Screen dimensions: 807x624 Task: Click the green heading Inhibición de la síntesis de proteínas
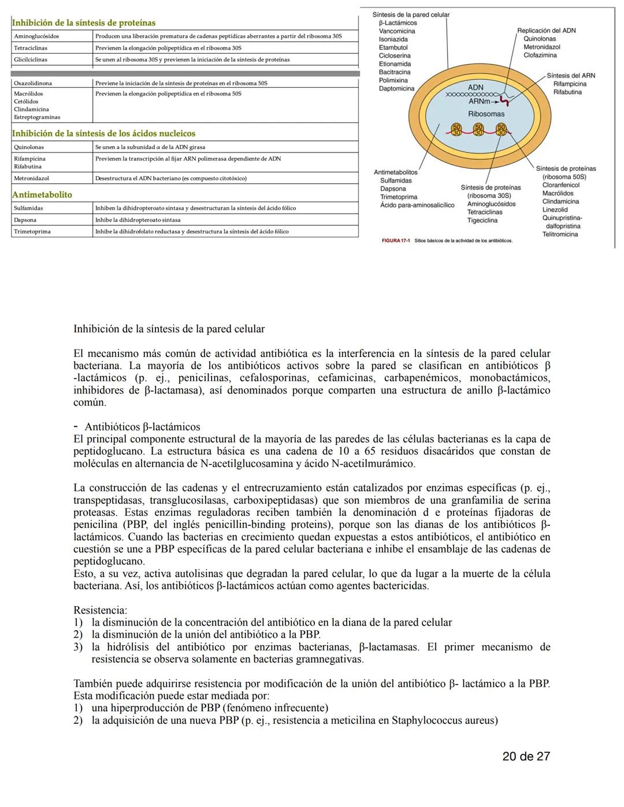pos(84,23)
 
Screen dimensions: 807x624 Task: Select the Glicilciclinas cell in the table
pos(31,59)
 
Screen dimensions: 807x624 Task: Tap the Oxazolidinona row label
pos(33,83)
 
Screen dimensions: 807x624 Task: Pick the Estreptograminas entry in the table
pos(37,117)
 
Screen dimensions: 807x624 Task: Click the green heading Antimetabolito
pos(42,195)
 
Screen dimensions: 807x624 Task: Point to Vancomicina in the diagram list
pos(397,31)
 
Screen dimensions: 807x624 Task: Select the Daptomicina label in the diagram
pos(396,88)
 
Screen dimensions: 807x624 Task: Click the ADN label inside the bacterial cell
pos(476,87)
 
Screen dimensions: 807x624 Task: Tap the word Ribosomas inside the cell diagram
pos(486,114)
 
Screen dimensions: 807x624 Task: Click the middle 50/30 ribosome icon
pos(478,130)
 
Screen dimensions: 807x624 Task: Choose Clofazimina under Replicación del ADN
pos(540,55)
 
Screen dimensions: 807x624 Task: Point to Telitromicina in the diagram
pos(560,234)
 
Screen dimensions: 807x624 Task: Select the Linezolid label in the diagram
pos(555,210)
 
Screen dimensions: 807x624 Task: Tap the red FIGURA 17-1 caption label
pos(396,240)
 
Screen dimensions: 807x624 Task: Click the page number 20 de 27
pos(526,756)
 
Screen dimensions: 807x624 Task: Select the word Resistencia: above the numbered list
pos(101,610)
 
